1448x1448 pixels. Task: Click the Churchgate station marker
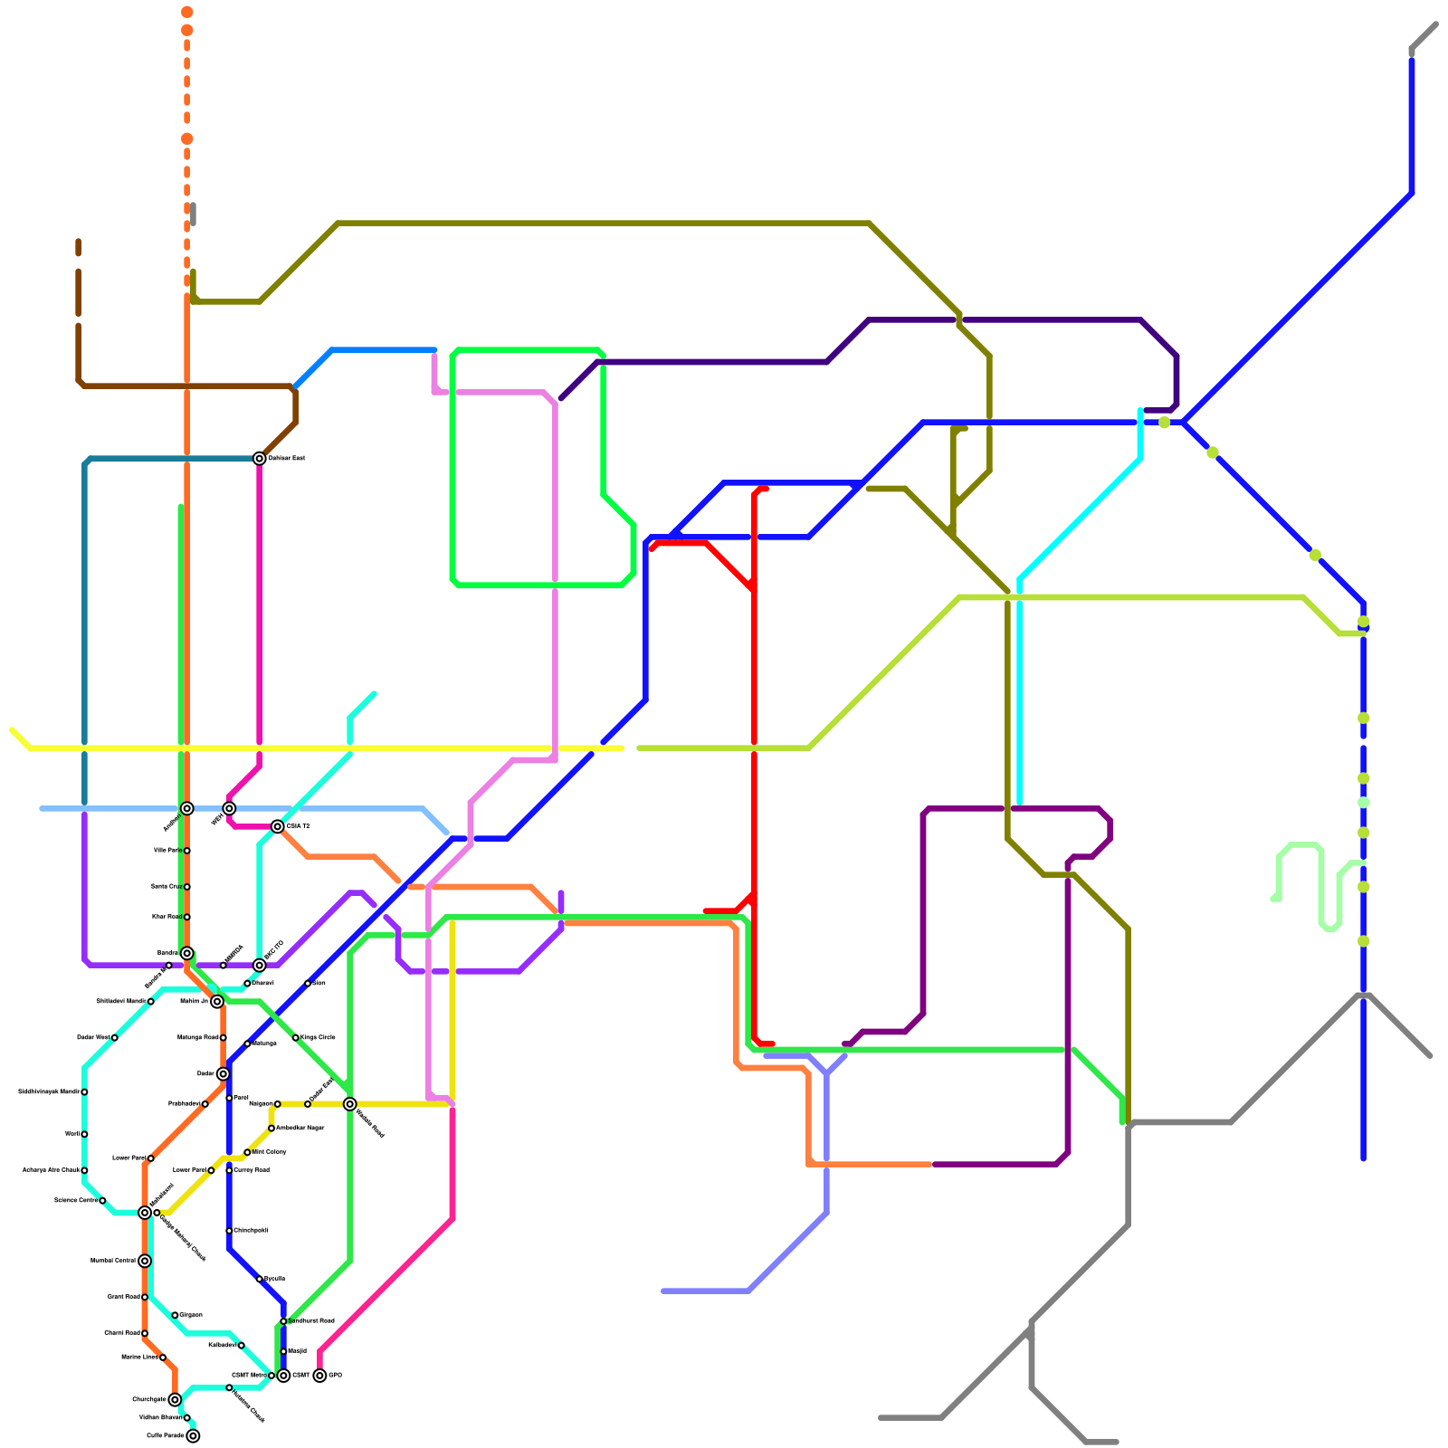click(x=175, y=1399)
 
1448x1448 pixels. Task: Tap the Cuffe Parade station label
click(x=166, y=1435)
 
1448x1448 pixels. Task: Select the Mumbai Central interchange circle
click(x=145, y=1261)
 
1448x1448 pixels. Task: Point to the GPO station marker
click(x=319, y=1376)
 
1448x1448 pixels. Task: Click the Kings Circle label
click(x=318, y=1037)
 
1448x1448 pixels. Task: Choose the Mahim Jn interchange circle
click(x=217, y=1001)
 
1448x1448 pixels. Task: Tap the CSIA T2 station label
click(x=298, y=826)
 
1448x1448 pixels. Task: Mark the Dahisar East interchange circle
click(x=260, y=458)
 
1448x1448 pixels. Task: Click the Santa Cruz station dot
click(x=187, y=887)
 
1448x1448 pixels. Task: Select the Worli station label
click(x=72, y=1134)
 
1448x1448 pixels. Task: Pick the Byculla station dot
click(x=260, y=1279)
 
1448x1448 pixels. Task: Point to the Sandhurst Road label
click(x=311, y=1320)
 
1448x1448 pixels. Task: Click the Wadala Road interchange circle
click(x=349, y=1104)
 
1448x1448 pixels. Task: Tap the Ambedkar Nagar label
click(x=300, y=1128)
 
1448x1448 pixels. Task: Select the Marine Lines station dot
click(x=163, y=1357)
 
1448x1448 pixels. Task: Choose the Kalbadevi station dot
click(x=241, y=1346)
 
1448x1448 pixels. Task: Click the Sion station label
click(x=319, y=983)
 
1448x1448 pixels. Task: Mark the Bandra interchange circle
click(x=186, y=953)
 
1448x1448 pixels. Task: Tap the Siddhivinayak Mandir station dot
click(x=84, y=1092)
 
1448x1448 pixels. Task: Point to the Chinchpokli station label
click(x=251, y=1230)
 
